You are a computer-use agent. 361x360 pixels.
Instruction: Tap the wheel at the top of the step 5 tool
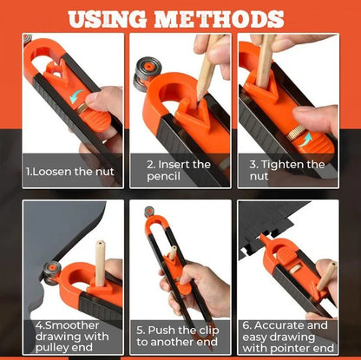pos(150,212)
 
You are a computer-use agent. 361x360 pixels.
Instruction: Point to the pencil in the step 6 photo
pos(326,275)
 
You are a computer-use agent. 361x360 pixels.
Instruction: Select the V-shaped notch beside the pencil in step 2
pos(192,108)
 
